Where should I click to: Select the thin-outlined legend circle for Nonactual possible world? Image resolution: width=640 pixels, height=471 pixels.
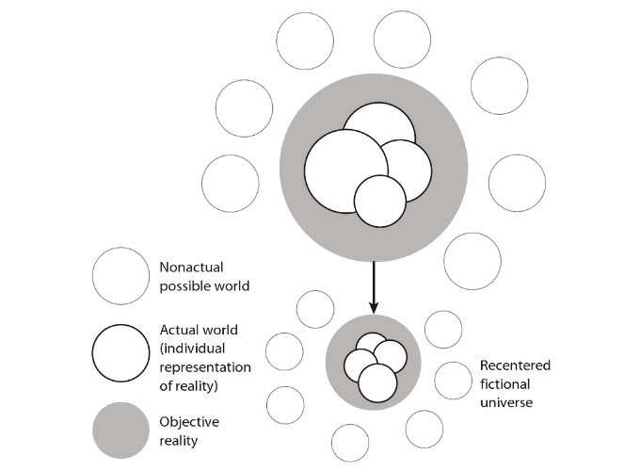pos(121,276)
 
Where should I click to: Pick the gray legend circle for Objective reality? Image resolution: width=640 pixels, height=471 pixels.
pos(121,430)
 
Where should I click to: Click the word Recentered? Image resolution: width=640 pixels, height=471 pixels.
pos(515,365)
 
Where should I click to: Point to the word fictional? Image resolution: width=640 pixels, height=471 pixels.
pos(506,384)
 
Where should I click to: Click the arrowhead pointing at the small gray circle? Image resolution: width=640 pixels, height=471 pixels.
pos(374,306)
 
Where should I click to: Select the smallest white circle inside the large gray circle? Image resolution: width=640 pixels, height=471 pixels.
pos(379,202)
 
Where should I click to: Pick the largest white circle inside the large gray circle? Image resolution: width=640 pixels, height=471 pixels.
pos(341,169)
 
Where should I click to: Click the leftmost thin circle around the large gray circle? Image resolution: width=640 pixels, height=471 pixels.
pos(231,183)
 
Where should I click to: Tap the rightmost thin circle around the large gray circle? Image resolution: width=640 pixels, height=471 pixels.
pos(517,183)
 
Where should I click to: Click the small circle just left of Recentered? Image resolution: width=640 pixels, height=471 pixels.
pos(452,380)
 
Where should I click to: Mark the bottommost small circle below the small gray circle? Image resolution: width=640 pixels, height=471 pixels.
pos(350,443)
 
